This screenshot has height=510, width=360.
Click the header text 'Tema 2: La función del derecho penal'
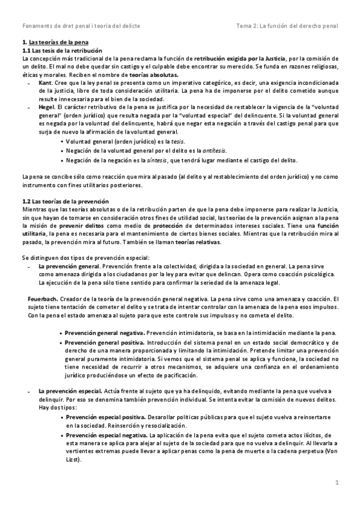click(x=287, y=26)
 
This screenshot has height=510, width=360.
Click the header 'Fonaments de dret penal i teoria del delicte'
click(x=78, y=26)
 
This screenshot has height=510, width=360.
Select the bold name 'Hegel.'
click(x=47, y=105)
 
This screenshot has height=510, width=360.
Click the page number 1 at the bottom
click(x=337, y=483)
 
